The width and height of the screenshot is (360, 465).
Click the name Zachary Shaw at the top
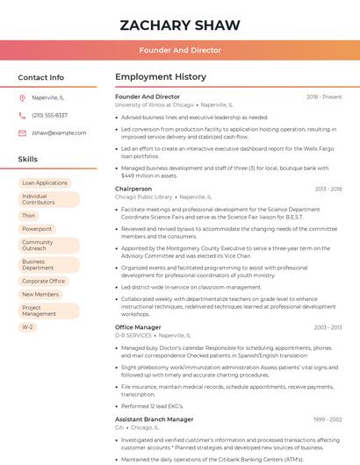click(179, 24)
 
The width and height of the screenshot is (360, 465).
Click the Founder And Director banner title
click(179, 50)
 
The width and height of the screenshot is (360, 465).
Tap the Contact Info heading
click(41, 77)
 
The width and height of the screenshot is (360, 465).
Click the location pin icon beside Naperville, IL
click(22, 97)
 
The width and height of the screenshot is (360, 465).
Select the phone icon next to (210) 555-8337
click(22, 115)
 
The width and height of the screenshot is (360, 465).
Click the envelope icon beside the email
click(22, 132)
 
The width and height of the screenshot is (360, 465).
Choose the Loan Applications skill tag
click(45, 182)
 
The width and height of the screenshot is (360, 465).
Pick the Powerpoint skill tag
click(37, 229)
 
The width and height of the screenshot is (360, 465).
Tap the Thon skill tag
click(29, 215)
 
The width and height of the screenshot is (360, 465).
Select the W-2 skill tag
click(28, 326)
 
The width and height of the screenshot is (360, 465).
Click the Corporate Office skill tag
click(43, 281)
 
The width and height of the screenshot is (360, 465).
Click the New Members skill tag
click(40, 295)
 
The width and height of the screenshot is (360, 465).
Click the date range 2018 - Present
click(324, 97)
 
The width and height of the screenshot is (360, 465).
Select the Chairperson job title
click(133, 189)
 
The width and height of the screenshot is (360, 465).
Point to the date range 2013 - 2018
click(328, 189)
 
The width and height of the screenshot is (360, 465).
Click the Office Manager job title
click(138, 327)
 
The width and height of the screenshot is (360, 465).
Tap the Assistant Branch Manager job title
click(155, 419)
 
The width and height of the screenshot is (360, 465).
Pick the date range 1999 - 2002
click(327, 419)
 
